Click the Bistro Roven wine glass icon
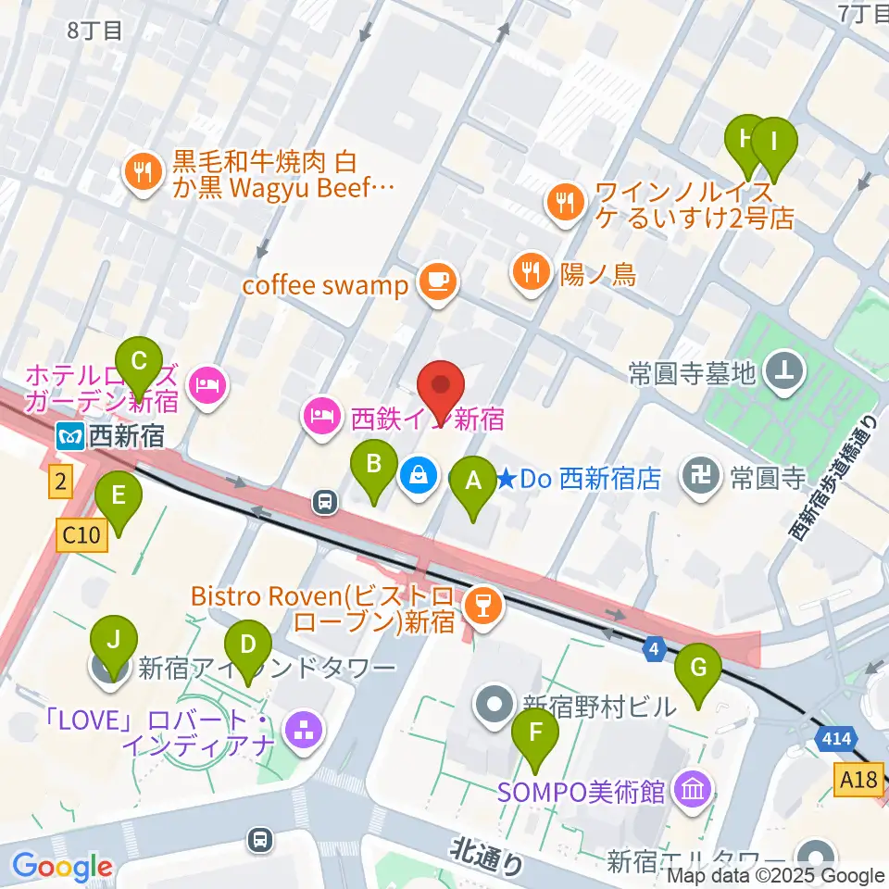(x=482, y=607)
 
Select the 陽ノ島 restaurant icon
(x=529, y=272)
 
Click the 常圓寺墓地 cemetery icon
(x=786, y=373)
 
